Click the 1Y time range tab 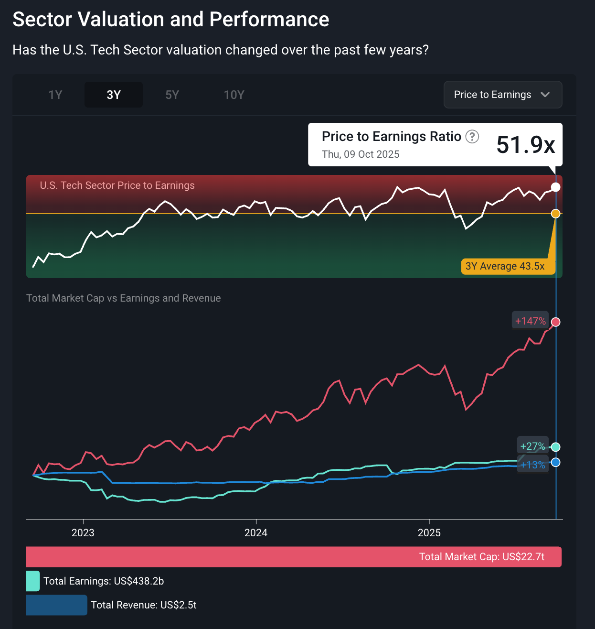(55, 95)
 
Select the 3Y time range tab (114, 95)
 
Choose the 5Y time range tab (172, 95)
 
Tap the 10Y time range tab (234, 95)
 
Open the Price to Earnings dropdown (502, 95)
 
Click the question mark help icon (472, 137)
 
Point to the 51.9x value (525, 144)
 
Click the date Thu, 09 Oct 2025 (361, 154)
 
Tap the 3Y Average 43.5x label (505, 266)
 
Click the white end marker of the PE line (555, 187)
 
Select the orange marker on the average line (555, 214)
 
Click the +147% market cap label (530, 321)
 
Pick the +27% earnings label (532, 446)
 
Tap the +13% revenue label (532, 465)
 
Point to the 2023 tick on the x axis (83, 532)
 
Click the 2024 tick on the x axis (256, 532)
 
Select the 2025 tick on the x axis (429, 532)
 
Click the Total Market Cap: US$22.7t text (481, 557)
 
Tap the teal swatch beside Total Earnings (33, 581)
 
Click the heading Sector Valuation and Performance (170, 20)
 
